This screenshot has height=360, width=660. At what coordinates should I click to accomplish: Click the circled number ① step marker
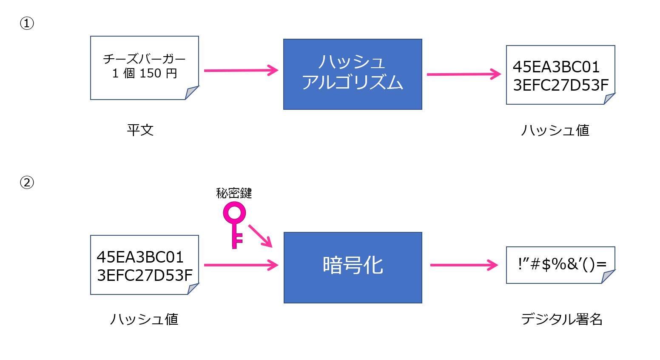tap(27, 23)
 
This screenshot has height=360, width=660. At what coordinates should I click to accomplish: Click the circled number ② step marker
tap(27, 183)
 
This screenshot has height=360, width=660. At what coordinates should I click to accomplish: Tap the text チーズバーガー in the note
tap(145, 59)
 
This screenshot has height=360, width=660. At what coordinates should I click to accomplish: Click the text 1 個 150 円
tap(145, 74)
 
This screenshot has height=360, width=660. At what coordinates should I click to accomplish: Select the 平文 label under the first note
tap(140, 130)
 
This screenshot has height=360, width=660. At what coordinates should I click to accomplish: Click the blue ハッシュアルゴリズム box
tap(353, 74)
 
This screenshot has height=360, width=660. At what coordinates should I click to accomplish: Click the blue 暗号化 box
tap(353, 267)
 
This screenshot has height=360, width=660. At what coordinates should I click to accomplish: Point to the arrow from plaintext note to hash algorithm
tap(241, 71)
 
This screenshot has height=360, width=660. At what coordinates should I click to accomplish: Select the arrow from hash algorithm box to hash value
tap(464, 74)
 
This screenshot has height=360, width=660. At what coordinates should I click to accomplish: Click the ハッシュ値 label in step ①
tap(555, 130)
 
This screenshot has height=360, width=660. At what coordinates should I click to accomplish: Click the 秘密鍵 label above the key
tap(234, 194)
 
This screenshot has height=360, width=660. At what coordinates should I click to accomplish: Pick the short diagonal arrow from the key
tap(260, 236)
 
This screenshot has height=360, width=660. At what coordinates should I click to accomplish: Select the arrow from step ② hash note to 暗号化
tap(241, 265)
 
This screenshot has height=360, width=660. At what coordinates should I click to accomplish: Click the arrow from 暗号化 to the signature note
tap(464, 265)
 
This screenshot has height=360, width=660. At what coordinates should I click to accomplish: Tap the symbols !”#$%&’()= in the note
tap(562, 264)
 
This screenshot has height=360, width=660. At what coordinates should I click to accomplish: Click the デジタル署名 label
tap(562, 319)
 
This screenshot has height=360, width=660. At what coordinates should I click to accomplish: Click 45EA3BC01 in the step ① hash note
tap(556, 67)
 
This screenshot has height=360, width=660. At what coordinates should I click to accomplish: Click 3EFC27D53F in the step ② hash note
tap(145, 276)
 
